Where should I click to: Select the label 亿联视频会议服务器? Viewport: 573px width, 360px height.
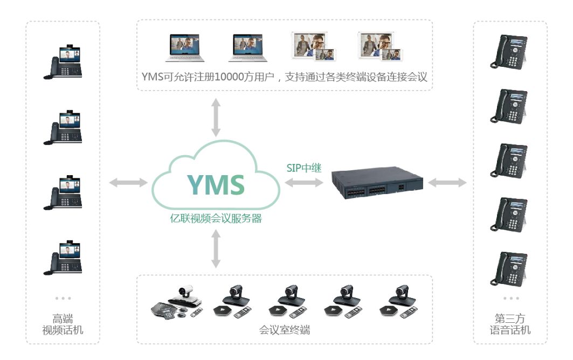click(x=216, y=219)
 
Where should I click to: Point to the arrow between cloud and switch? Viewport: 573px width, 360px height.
click(x=304, y=184)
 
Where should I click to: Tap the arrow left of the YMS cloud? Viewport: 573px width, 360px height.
click(x=128, y=183)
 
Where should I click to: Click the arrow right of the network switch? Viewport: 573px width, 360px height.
click(x=447, y=183)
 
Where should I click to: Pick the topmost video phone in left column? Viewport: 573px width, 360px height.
click(x=63, y=64)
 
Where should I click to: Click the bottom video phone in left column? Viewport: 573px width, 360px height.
click(x=63, y=258)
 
